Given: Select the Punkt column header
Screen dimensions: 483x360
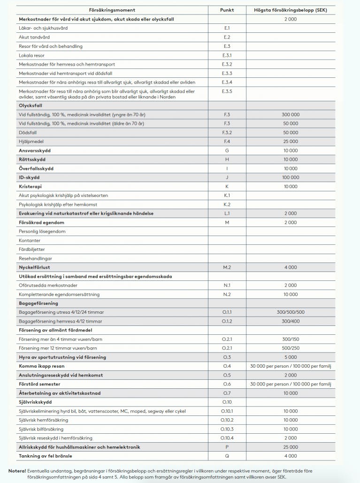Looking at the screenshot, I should pyautogui.click(x=227, y=10).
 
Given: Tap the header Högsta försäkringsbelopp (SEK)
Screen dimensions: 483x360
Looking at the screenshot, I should pyautogui.click(x=291, y=10).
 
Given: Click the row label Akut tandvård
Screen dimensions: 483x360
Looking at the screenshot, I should pyautogui.click(x=34, y=37).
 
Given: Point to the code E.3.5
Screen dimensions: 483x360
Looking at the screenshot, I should pyautogui.click(x=227, y=91).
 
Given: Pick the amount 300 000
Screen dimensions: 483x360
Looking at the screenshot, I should pyautogui.click(x=291, y=114).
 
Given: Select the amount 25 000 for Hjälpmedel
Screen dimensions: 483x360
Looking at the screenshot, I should pyautogui.click(x=291, y=142).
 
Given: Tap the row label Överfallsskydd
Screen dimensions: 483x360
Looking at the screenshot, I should pyautogui.click(x=36, y=168).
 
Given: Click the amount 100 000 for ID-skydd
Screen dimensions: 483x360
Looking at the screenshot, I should pyautogui.click(x=291, y=178).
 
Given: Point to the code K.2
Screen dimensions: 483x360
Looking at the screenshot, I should pyautogui.click(x=227, y=204).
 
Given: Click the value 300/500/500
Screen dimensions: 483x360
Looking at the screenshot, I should pyautogui.click(x=291, y=312).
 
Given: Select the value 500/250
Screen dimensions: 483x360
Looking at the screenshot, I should pyautogui.click(x=291, y=348).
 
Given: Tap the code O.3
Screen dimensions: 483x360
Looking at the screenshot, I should pyautogui.click(x=227, y=357).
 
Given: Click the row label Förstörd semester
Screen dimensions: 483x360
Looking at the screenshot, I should pyautogui.click(x=39, y=384).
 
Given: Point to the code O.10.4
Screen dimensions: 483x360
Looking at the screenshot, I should pyautogui.click(x=227, y=438).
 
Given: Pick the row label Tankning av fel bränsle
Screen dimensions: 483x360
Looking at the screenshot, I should pyautogui.click(x=46, y=456).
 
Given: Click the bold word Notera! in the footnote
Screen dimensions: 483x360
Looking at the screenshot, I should pyautogui.click(x=17, y=471).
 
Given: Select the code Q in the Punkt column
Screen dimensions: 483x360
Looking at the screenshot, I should pyautogui.click(x=227, y=456).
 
